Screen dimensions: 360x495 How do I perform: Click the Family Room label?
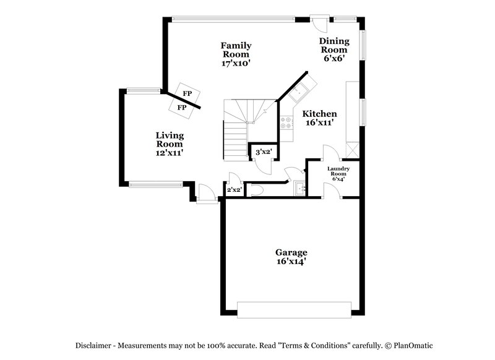coord(236,54)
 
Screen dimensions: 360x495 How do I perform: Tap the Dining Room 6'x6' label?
coord(334,50)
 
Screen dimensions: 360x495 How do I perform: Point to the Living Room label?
coord(169,144)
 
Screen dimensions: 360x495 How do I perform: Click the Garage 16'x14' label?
coord(291,257)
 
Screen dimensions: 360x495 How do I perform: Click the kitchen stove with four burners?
coord(286,122)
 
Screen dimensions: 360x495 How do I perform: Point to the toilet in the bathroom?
coord(258,190)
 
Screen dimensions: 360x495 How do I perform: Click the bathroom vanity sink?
coord(300,188)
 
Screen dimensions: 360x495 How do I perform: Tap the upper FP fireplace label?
coord(186,93)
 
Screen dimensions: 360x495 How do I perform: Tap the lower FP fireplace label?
coord(182,108)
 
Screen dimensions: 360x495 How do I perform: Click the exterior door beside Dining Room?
coord(319,24)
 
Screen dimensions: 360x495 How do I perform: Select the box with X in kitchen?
coord(352,149)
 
